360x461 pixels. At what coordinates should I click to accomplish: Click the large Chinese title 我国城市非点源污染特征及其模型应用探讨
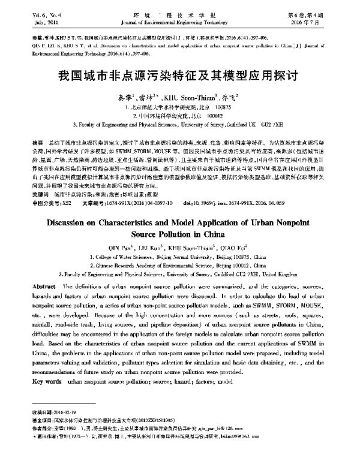pyautogui.click(x=180, y=76)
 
